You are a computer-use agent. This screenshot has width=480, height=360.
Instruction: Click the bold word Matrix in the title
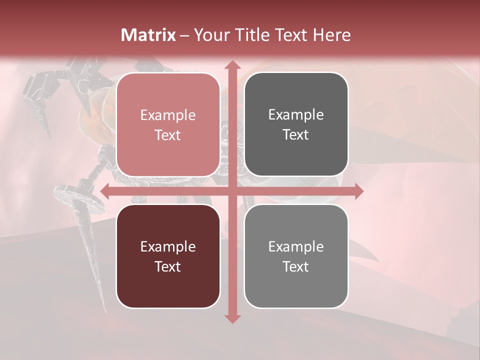point(148,35)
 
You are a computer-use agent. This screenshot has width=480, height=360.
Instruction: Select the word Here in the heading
point(332,35)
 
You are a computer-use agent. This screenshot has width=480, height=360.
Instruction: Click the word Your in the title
point(211,35)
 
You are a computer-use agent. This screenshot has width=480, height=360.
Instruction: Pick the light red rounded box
point(168,124)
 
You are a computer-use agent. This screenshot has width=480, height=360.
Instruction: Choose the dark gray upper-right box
point(296,124)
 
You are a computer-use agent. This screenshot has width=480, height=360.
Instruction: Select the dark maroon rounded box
point(168,256)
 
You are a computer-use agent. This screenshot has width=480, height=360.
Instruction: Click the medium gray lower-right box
point(296,256)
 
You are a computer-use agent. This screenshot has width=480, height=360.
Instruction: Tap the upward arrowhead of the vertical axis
point(232,65)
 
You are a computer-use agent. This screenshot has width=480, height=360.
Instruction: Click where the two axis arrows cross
point(232,191)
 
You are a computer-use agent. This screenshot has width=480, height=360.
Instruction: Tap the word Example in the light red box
point(168,115)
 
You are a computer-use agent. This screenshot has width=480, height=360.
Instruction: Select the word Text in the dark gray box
point(296,135)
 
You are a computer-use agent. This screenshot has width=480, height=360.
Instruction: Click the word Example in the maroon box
point(168,246)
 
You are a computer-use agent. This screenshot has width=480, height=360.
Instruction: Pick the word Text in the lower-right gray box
point(296,266)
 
